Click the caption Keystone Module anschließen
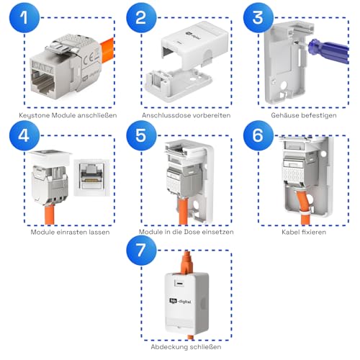pyautogui.click(x=63, y=114)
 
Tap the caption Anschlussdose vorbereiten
pyautogui.click(x=180, y=114)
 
